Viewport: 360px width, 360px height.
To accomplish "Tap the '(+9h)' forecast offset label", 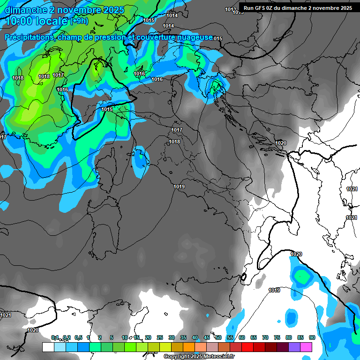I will tap(78, 21).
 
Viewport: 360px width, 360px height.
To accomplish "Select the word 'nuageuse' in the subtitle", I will tap(195, 37).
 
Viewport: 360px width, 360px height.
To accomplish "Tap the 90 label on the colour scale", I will tap(312, 337).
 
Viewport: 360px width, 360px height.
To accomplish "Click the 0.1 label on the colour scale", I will tap(55, 337).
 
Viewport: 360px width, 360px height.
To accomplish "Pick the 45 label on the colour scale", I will tap(207, 337).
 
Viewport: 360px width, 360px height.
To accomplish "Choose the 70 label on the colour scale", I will tap(265, 337).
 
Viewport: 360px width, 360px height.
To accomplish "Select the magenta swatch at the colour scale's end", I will tap(306, 347).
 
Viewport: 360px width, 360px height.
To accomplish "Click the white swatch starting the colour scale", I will tap(48, 347).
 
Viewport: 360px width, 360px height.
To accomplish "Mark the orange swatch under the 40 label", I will tap(189, 347).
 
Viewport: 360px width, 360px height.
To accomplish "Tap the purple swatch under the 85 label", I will tap(294, 347).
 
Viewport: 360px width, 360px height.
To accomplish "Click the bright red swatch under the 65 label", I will tap(247, 347).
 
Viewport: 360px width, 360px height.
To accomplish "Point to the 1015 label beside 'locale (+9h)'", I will tap(149, 20).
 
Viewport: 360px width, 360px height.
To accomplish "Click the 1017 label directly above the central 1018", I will tap(177, 130).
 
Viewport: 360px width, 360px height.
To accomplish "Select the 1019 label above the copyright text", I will tap(274, 291).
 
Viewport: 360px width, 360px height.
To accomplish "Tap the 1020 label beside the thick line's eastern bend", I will tap(281, 143).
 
